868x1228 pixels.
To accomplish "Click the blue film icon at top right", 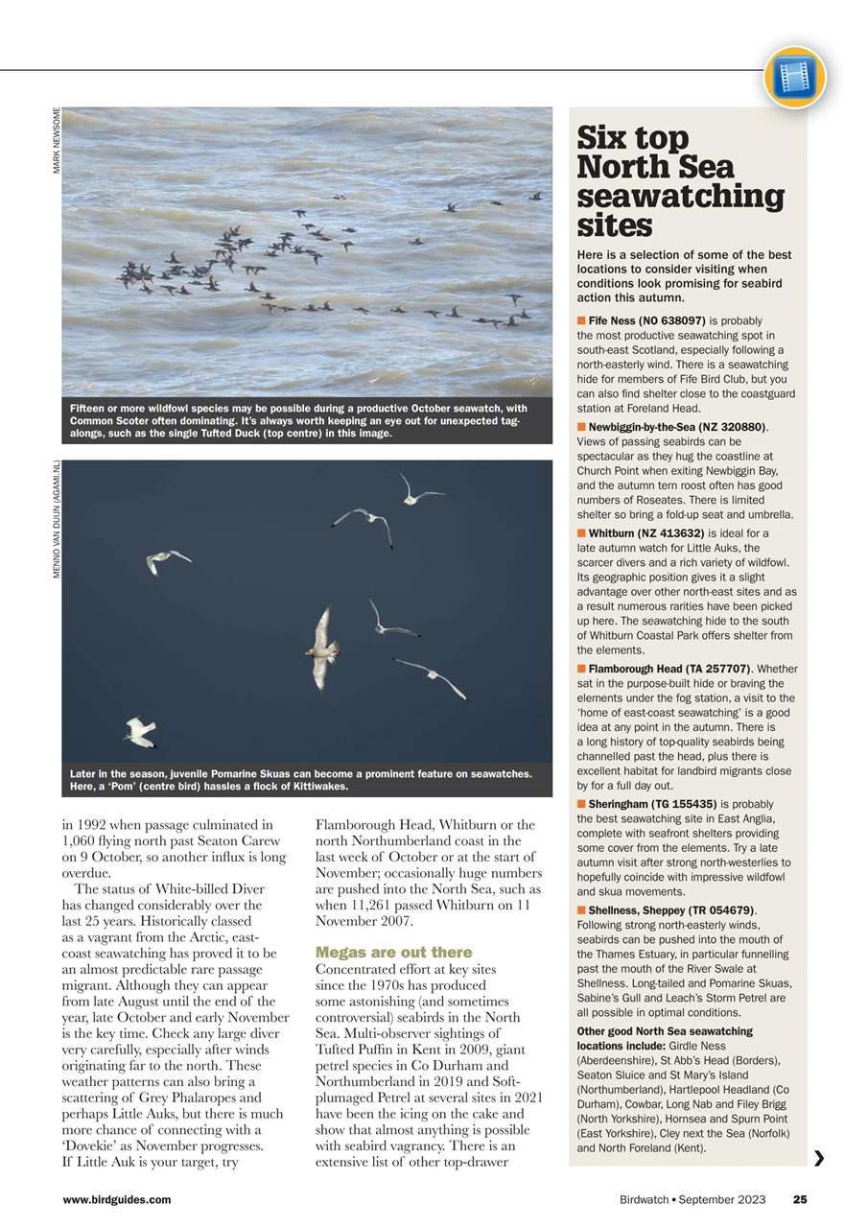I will click(794, 77).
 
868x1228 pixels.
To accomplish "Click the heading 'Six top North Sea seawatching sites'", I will click(680, 181).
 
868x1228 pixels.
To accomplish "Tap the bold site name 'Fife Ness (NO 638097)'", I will click(646, 320).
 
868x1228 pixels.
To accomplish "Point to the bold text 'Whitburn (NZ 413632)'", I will click(645, 533).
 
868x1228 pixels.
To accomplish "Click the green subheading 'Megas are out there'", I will click(393, 952).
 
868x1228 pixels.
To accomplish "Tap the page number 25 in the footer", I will click(800, 1199).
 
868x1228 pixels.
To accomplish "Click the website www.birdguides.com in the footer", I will click(116, 1199).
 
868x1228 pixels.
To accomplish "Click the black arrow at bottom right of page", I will click(818, 1158).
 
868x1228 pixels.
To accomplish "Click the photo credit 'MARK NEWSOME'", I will click(57, 140).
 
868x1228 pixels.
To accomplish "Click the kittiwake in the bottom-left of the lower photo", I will click(140, 732).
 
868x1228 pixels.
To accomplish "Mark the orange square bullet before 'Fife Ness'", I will click(581, 320).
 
